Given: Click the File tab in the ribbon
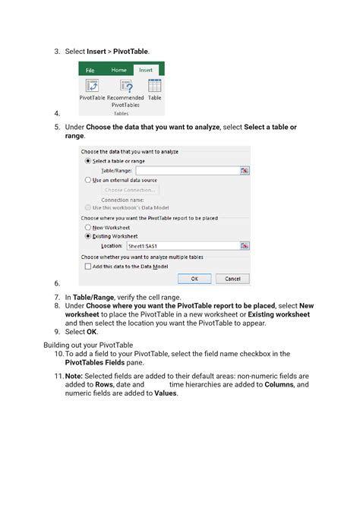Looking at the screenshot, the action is (x=90, y=69).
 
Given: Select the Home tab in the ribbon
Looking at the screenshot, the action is (x=118, y=69).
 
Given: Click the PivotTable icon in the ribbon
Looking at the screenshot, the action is (x=92, y=86).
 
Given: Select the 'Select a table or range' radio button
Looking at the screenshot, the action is (x=88, y=161).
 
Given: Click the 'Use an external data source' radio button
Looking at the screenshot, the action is (x=88, y=180).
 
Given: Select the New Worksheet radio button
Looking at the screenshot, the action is (x=88, y=227).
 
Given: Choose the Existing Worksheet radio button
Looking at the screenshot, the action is (x=88, y=236).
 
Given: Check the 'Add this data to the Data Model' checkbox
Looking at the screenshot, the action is (x=87, y=266).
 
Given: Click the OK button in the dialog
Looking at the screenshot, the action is (x=194, y=279).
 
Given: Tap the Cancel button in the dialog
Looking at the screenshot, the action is (x=232, y=279).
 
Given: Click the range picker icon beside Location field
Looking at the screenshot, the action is (x=245, y=246).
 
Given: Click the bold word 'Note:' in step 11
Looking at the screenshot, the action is (x=75, y=376).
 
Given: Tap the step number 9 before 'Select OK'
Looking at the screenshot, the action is (x=57, y=332).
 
